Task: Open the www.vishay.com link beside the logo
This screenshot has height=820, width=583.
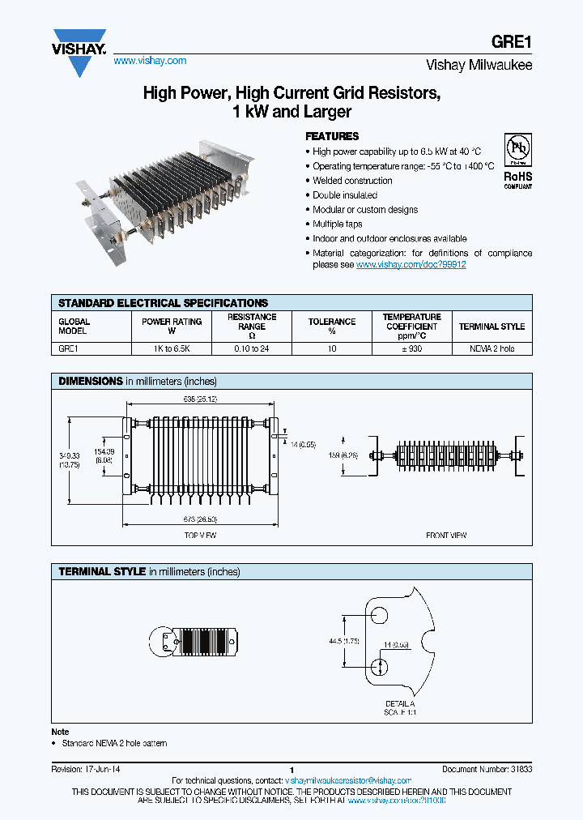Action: (150, 61)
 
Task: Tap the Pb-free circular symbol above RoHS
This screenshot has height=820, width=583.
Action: (517, 150)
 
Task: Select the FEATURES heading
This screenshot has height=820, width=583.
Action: (331, 136)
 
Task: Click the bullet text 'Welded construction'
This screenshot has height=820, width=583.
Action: (352, 181)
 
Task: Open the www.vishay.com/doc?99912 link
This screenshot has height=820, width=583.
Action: (411, 265)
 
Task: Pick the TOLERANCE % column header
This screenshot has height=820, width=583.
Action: (331, 327)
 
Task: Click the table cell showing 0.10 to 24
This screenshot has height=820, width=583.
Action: (252, 348)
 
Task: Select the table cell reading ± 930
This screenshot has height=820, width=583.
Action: (411, 348)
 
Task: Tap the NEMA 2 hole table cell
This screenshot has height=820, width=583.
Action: (492, 348)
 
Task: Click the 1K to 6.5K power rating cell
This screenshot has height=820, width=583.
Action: (172, 348)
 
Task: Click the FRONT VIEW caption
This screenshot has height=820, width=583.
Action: (446, 536)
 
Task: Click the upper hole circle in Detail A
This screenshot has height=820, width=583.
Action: (378, 614)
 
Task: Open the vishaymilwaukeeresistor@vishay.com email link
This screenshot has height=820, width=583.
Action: (349, 779)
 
